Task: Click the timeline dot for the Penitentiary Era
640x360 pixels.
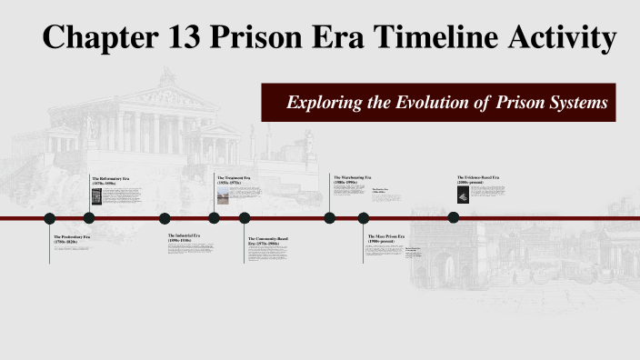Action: [x=50, y=218]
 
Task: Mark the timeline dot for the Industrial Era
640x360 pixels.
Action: [x=165, y=218]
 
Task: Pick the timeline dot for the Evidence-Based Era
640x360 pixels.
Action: [x=453, y=217]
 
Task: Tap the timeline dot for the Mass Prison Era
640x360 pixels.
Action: [x=364, y=218]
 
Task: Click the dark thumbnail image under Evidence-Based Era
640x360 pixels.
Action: [x=463, y=195]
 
